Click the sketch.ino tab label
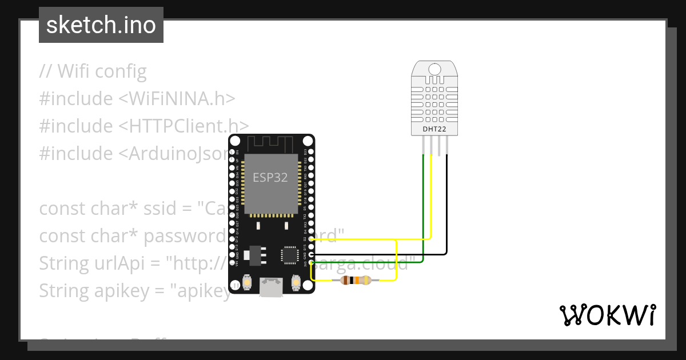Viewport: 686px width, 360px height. [x=101, y=25]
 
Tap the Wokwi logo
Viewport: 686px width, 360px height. [x=607, y=315]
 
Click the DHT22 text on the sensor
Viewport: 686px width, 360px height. [x=434, y=129]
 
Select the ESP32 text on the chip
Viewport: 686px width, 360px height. [x=270, y=177]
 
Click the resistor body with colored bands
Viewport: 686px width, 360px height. [x=355, y=280]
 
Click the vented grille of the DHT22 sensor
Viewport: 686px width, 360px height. [x=434, y=102]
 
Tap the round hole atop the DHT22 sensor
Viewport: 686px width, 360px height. [x=434, y=69]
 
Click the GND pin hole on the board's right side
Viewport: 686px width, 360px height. [x=312, y=254]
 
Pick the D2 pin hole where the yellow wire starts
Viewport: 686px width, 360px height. [x=312, y=239]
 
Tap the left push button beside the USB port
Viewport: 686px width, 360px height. [x=248, y=281]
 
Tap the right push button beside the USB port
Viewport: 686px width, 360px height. [x=296, y=281]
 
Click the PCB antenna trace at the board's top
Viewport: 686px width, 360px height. [x=271, y=143]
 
